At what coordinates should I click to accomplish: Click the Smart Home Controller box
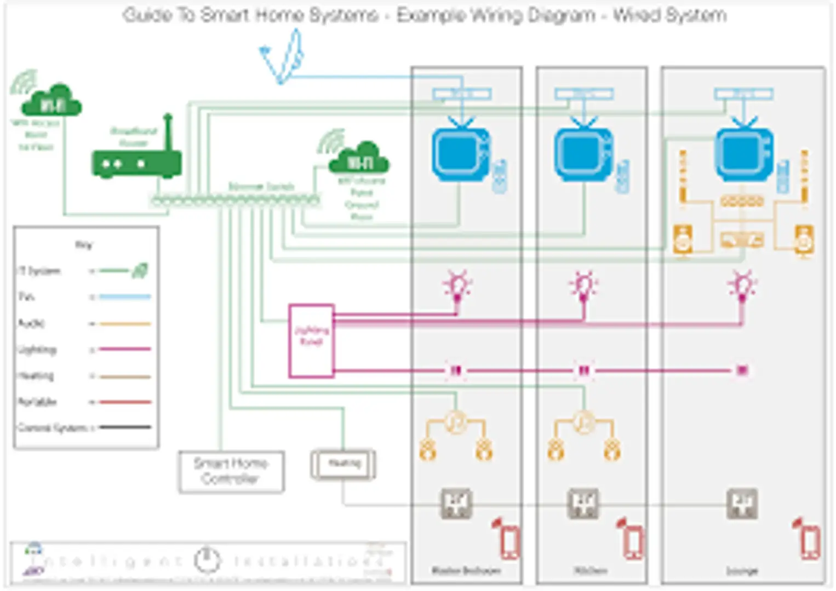[231, 472]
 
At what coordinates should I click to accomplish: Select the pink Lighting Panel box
[311, 340]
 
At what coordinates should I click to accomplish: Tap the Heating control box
[343, 465]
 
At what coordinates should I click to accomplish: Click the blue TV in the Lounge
[743, 154]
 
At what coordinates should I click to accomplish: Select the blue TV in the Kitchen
[583, 154]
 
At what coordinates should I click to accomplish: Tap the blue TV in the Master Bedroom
[460, 154]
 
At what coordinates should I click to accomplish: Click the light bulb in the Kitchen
[583, 286]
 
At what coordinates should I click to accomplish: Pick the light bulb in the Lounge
[742, 286]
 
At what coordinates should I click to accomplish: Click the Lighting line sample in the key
[125, 349]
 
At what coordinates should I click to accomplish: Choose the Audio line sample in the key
[125, 323]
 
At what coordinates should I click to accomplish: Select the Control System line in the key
[125, 427]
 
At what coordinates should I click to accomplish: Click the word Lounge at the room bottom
[742, 571]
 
